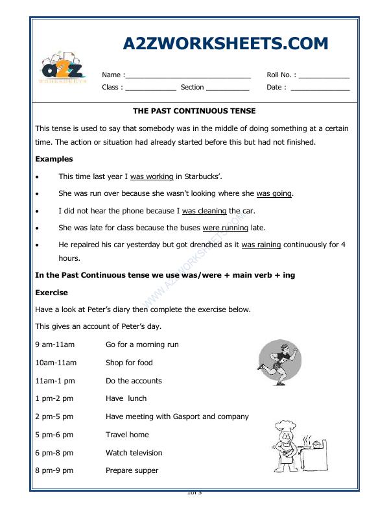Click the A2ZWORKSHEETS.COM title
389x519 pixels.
tap(225, 43)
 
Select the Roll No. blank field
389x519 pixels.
tap(324, 76)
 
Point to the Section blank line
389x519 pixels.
tap(228, 88)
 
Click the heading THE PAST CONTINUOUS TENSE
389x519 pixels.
tap(194, 111)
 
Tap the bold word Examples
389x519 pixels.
tap(54, 159)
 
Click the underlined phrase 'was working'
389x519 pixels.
tap(152, 176)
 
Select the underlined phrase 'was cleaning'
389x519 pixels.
tap(204, 211)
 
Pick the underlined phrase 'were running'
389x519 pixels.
tap(226, 228)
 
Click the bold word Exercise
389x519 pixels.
tap(51, 293)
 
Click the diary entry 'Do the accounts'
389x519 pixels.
tap(134, 381)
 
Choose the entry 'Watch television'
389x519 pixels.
tap(134, 453)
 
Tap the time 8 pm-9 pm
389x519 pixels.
tap(54, 470)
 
